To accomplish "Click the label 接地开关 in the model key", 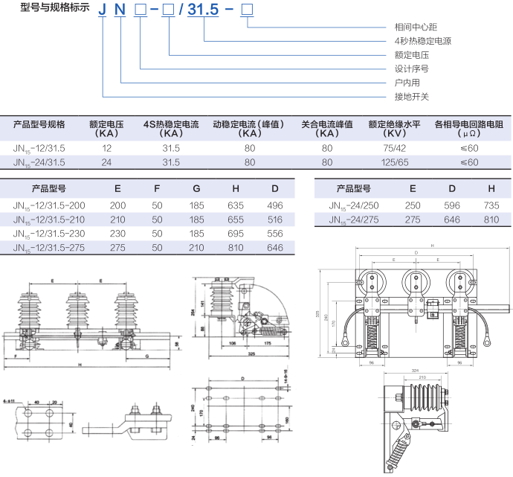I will pyautogui.click(x=412, y=97).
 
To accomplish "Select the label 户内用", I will pyautogui.click(x=407, y=83).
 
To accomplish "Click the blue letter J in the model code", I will pyautogui.click(x=103, y=10).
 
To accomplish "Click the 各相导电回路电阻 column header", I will pyautogui.click(x=468, y=124).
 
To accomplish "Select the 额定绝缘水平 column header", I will pyautogui.click(x=394, y=124).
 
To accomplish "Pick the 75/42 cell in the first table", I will pyautogui.click(x=394, y=148).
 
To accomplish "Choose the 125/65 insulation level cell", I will pyautogui.click(x=394, y=161).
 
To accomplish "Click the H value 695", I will pyautogui.click(x=237, y=233).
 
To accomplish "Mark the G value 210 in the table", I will pyautogui.click(x=196, y=247).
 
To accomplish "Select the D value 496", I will pyautogui.click(x=275, y=205).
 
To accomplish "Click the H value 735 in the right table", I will pyautogui.click(x=491, y=205).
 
